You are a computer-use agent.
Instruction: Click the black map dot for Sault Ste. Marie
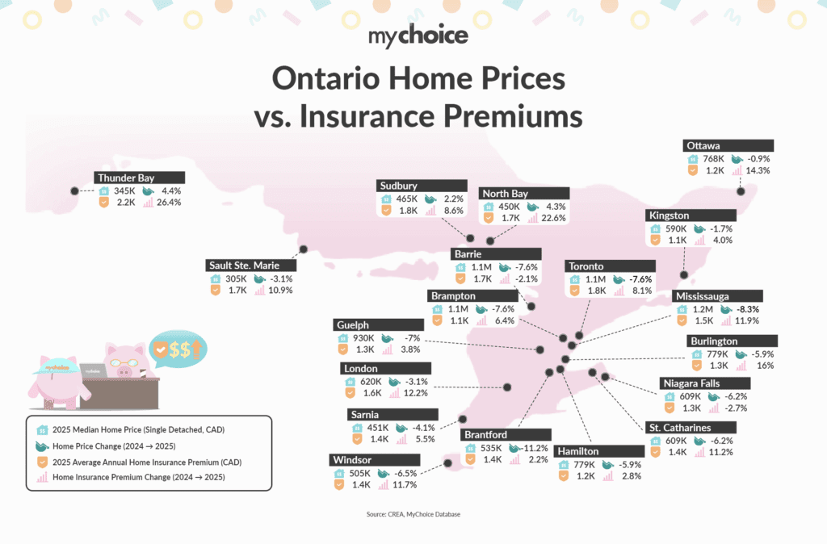click(304, 249)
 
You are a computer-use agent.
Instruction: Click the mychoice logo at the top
click(413, 37)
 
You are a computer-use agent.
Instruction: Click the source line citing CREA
click(413, 513)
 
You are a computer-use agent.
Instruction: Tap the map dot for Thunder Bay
click(74, 190)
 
